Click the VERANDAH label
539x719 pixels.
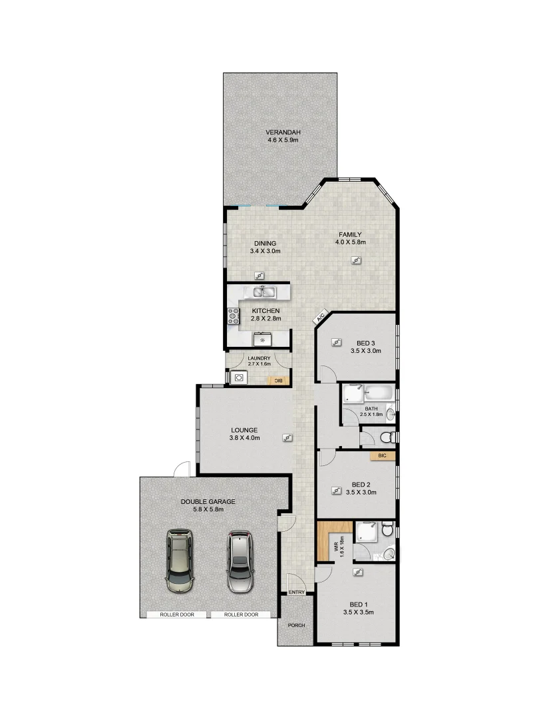[279, 132]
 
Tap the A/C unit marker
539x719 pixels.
[320, 317]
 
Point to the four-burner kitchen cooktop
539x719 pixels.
[234, 316]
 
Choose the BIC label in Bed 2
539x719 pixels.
[382, 456]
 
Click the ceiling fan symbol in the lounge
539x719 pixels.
[287, 437]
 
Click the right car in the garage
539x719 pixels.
[240, 561]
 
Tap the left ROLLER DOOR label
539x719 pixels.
[177, 614]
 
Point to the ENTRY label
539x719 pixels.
[296, 593]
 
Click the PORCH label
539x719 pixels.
[295, 626]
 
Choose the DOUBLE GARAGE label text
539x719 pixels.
[208, 501]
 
